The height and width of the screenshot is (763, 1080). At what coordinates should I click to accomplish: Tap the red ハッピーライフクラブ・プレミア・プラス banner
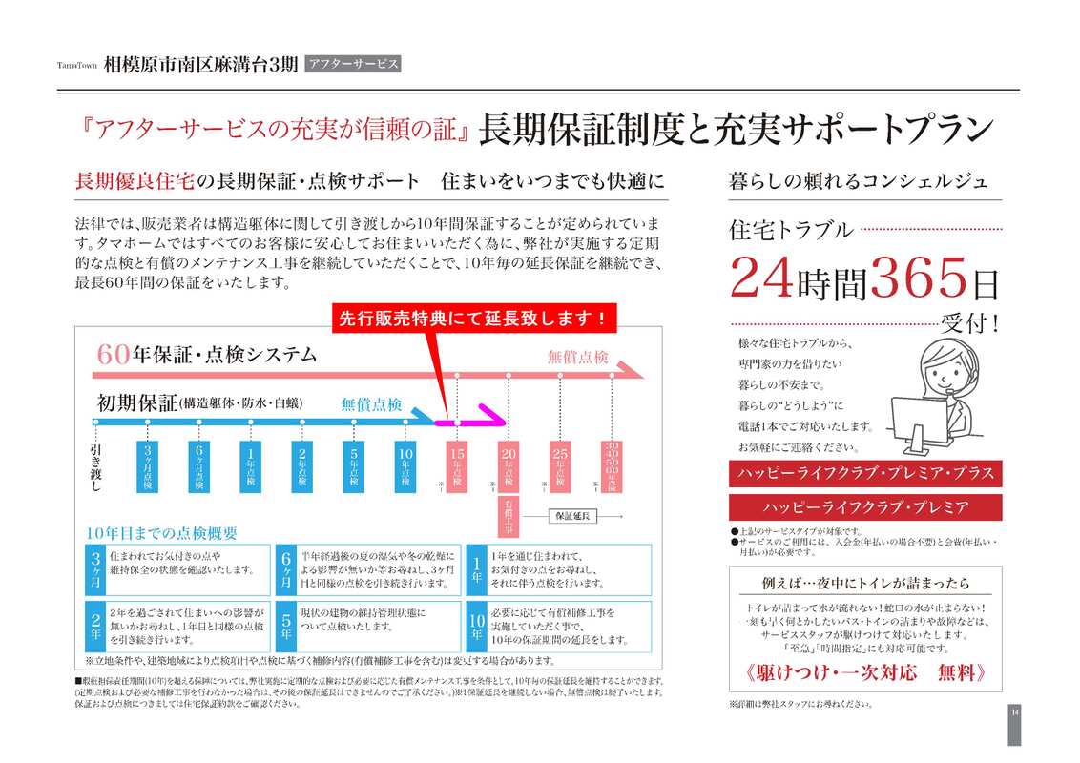point(865,473)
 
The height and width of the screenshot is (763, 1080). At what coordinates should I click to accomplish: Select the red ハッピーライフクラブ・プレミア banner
point(865,507)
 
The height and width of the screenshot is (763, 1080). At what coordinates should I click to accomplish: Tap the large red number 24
point(760,279)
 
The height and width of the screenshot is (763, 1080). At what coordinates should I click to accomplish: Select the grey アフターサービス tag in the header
point(352,65)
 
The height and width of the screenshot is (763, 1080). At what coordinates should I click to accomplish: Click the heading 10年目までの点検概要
point(161,533)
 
